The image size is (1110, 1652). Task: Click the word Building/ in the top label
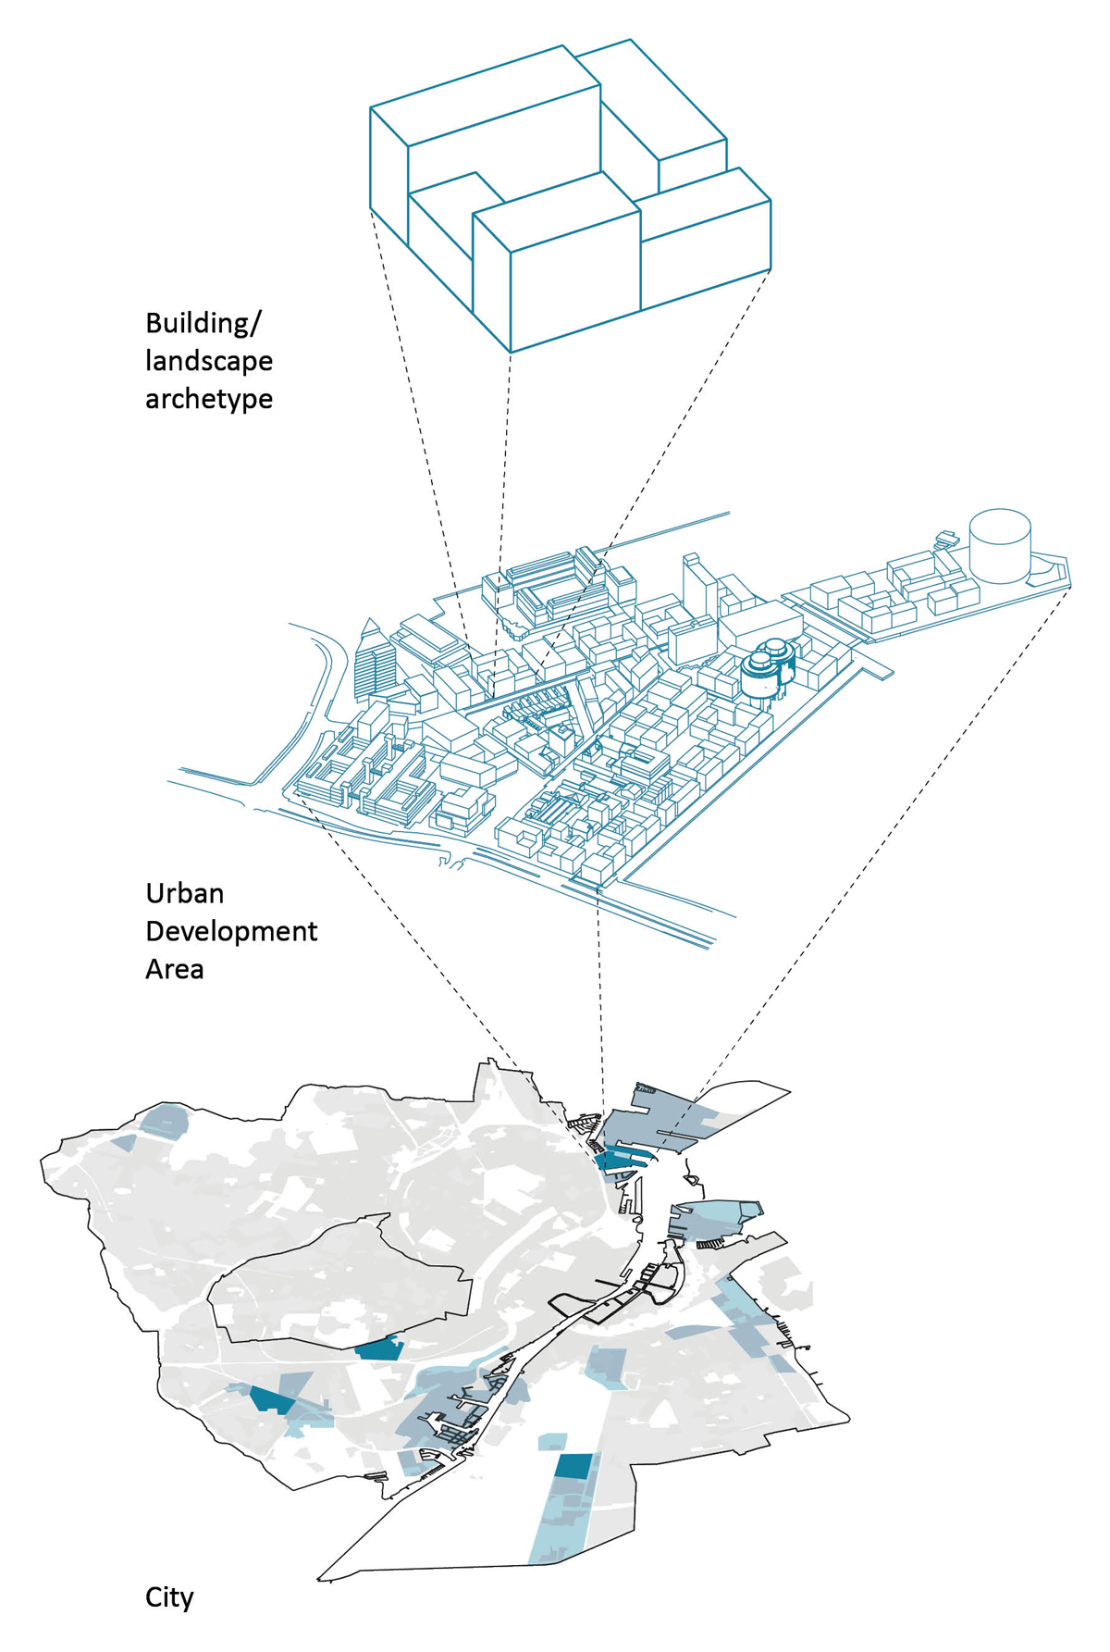coord(203,324)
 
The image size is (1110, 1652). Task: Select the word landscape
coord(209,361)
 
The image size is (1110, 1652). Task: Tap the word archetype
coord(209,399)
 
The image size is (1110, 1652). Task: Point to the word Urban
coord(185,893)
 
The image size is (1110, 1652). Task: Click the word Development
coord(231,931)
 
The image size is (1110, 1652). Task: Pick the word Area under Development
coord(174,969)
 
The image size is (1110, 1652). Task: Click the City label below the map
coord(169,1597)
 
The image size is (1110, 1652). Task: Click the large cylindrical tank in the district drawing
coord(1000,545)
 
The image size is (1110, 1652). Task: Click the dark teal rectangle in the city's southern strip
coord(573,1466)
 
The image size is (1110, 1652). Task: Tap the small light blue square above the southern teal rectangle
coord(552,1441)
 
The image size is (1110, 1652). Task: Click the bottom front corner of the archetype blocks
coord(512,352)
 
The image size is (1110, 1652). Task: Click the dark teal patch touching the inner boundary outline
coord(379,1349)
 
